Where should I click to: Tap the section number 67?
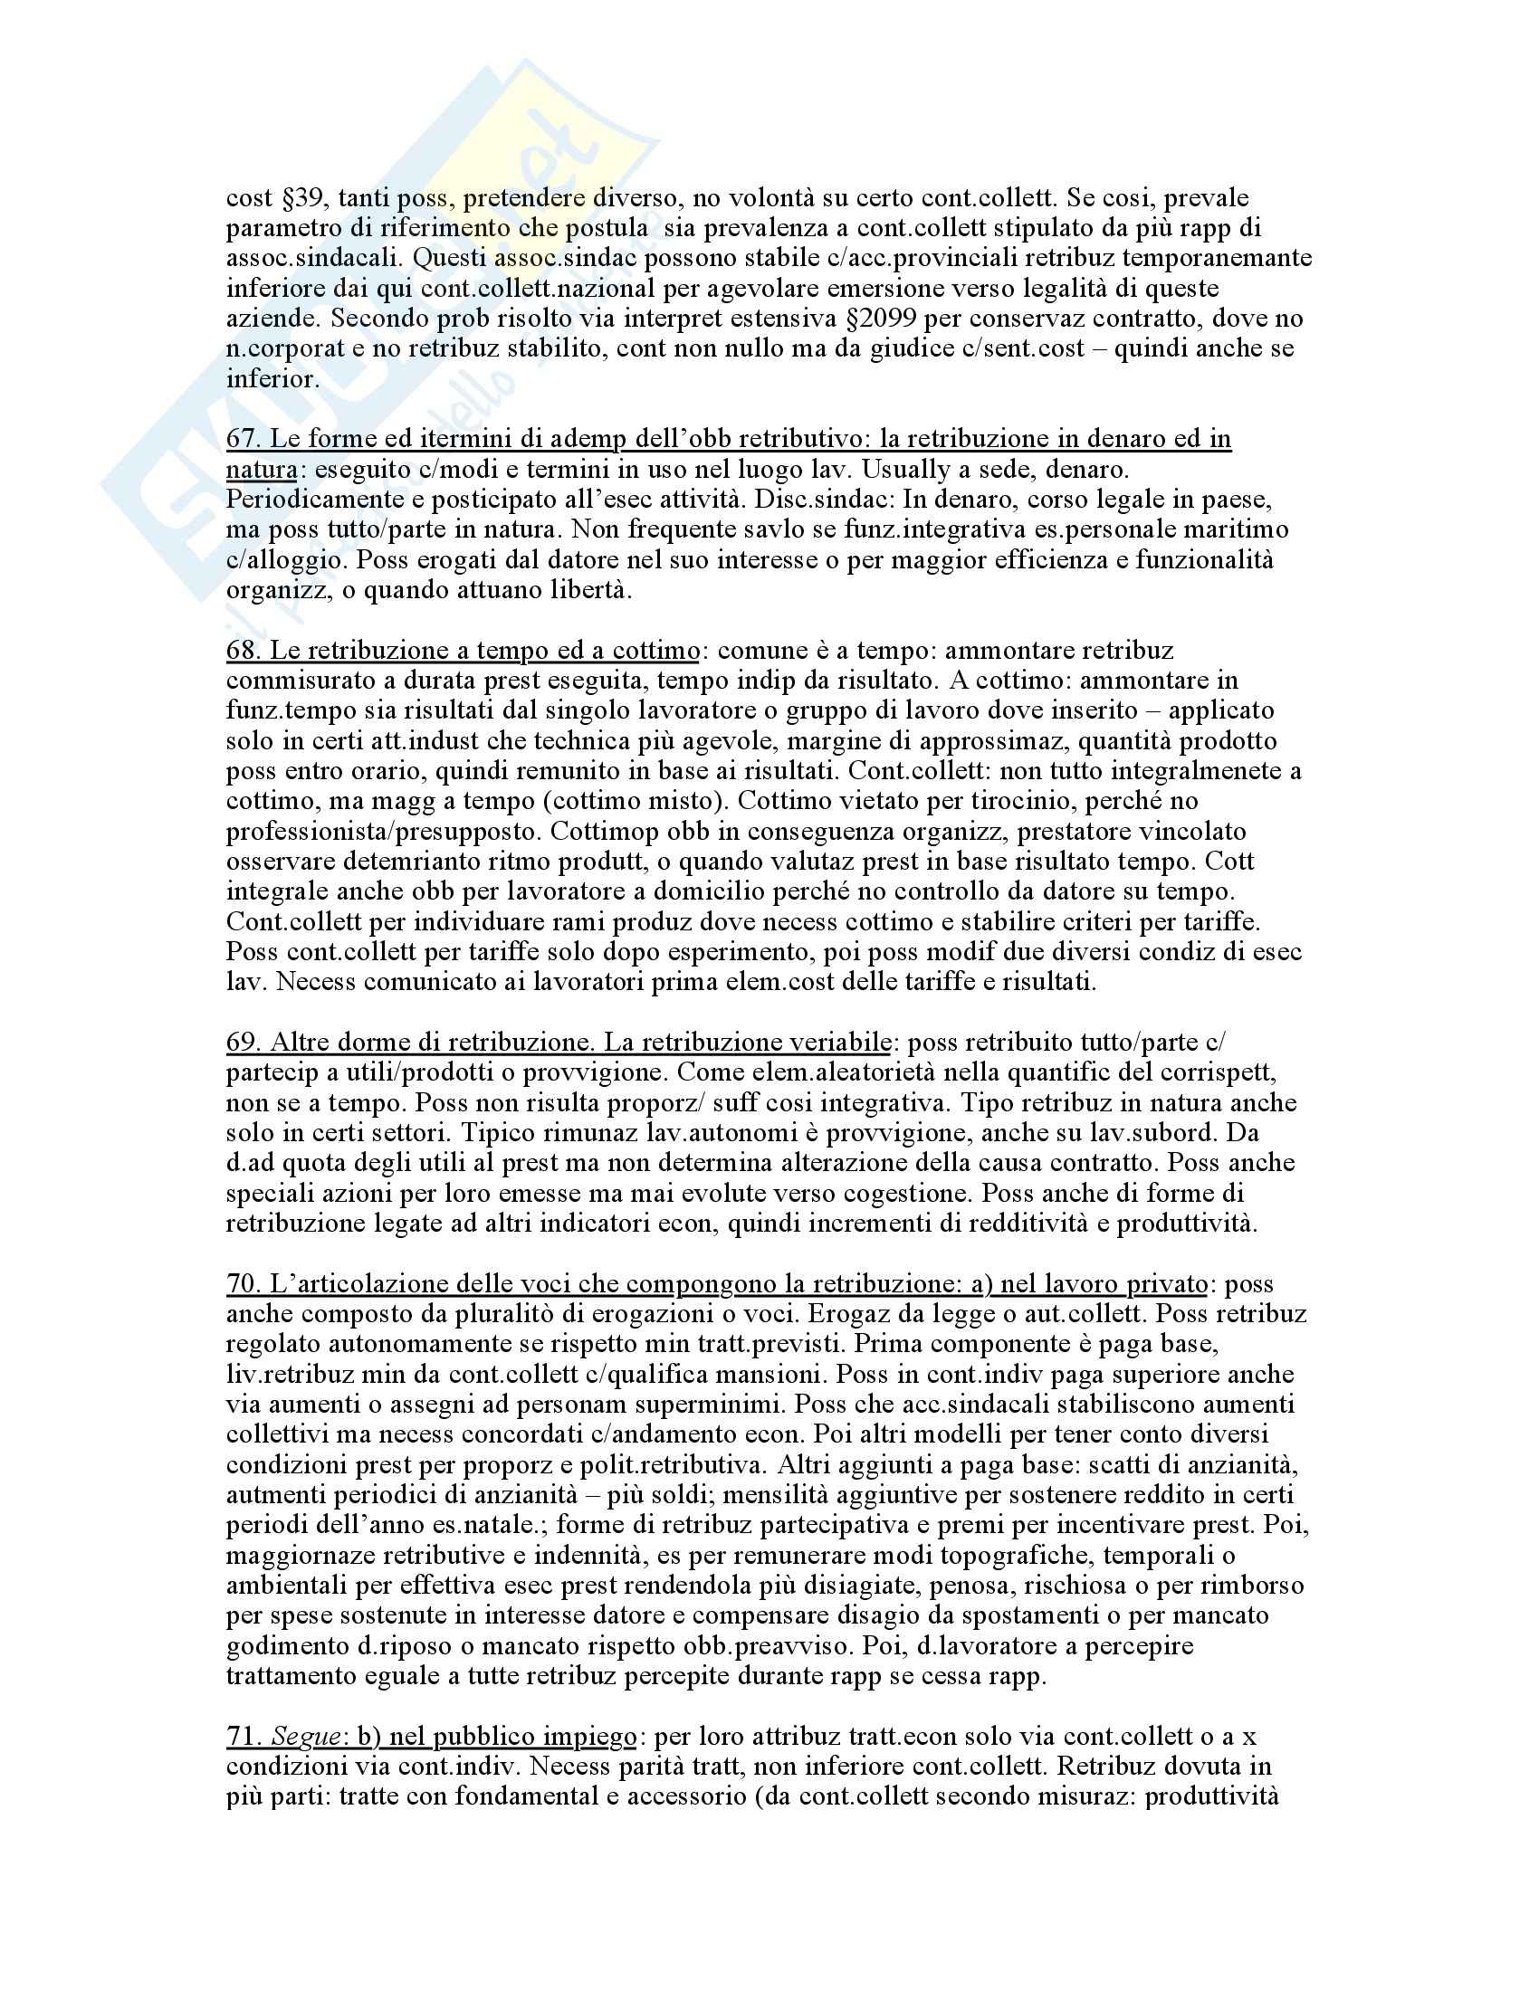pyautogui.click(x=241, y=439)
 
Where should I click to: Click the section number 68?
pyautogui.click(x=241, y=650)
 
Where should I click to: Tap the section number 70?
pyautogui.click(x=241, y=1284)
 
